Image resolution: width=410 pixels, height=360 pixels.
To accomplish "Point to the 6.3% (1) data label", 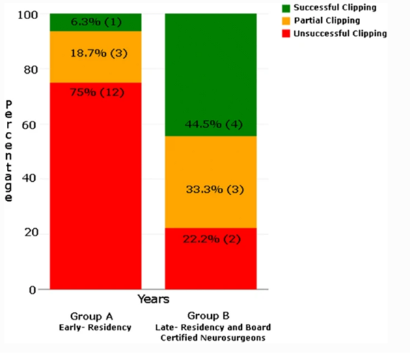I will point(96,22).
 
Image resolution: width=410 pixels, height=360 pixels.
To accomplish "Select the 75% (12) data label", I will point(96,92).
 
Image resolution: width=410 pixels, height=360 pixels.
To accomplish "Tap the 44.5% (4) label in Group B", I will point(210,124).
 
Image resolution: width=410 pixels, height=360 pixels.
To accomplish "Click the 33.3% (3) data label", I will point(210,189).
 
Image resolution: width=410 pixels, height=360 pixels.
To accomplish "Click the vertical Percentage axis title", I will point(9,151).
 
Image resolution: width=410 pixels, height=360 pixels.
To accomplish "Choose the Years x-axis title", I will point(153,299).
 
